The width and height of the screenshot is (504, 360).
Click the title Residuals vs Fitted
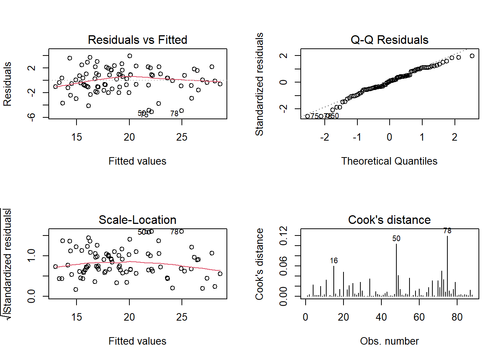137,40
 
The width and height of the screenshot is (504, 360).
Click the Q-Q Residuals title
389,40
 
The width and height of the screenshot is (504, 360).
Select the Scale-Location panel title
137,220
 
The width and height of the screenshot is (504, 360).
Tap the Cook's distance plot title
389,220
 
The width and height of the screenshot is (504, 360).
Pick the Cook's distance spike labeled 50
396,270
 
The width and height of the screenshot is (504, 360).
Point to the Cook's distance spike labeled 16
334,281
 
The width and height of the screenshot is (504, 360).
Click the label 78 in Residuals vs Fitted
174,114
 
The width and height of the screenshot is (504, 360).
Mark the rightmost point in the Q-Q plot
472,56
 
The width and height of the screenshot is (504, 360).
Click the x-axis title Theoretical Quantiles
389,161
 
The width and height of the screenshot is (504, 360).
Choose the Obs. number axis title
389,341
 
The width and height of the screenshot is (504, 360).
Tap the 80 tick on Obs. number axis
457,317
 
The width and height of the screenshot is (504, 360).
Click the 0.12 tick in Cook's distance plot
284,235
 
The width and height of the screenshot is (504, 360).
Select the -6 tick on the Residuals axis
31,117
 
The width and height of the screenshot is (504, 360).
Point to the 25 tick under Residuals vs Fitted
182,137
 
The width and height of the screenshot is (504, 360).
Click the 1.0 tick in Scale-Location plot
31,256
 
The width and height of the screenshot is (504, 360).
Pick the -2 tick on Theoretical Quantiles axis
325,137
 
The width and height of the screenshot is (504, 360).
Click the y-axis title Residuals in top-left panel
7,84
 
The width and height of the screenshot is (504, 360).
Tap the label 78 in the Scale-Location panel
174,232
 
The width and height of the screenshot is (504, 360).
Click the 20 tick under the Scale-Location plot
129,317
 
